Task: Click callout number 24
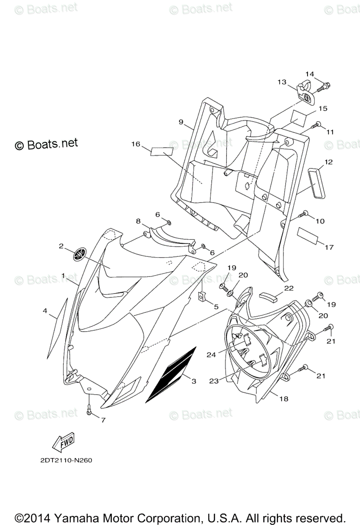click(212, 355)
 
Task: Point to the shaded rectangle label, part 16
click(162, 151)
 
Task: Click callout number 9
click(181, 122)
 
